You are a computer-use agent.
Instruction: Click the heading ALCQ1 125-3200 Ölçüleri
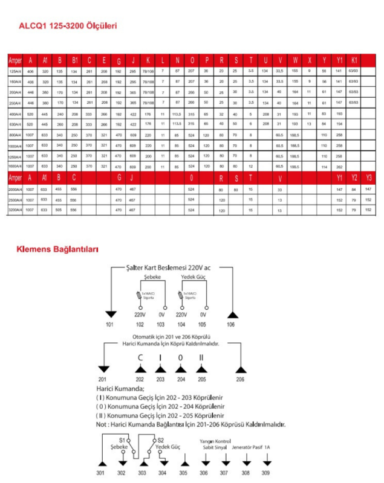(x=67, y=26)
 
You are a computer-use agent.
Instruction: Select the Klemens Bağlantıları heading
(x=57, y=249)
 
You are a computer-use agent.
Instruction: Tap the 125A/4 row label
(x=15, y=71)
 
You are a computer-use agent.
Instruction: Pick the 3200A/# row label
(x=15, y=210)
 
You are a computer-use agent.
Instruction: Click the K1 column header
(x=354, y=60)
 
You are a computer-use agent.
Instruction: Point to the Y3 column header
(x=369, y=179)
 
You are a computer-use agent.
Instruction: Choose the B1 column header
(x=75, y=60)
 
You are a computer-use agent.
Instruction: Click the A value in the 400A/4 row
(x=30, y=114)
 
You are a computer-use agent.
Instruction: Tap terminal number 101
(x=110, y=324)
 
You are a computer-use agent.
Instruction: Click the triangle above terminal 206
(x=240, y=369)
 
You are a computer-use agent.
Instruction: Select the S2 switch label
(x=160, y=440)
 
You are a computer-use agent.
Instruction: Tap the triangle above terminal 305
(x=184, y=462)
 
